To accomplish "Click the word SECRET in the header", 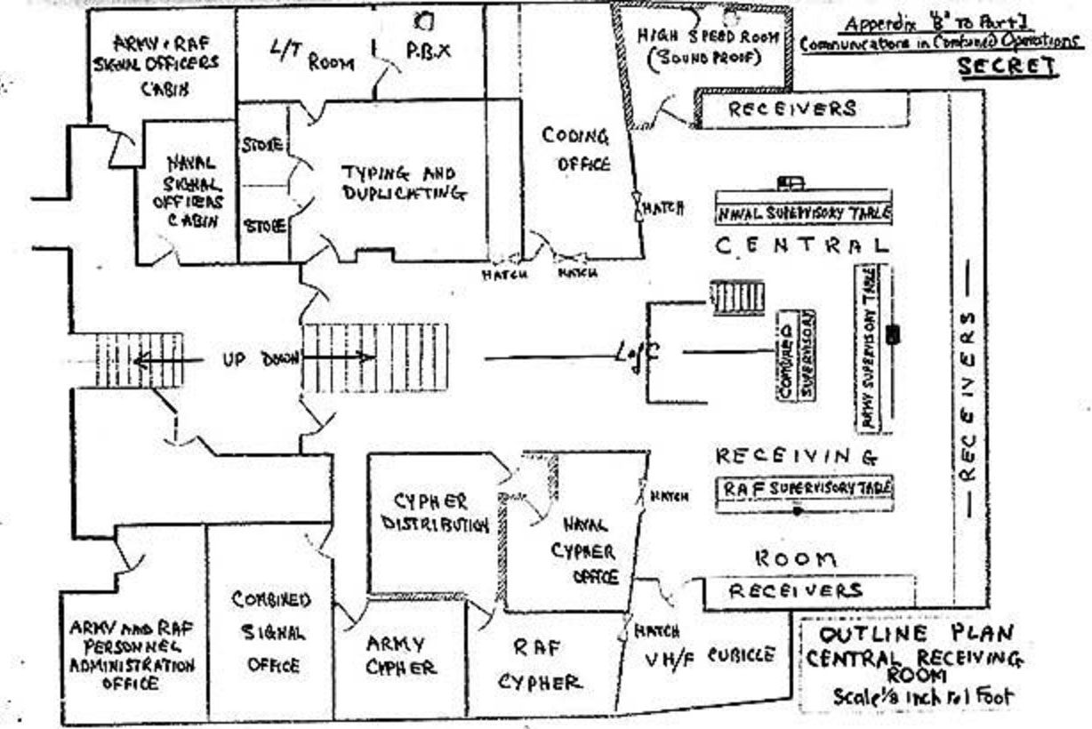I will [x=1008, y=67].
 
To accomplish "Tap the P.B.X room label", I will [x=428, y=51].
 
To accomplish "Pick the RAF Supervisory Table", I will [x=806, y=489].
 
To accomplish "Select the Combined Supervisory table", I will [x=797, y=355].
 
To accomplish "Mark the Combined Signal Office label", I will [x=272, y=632].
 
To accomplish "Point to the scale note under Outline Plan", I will [x=922, y=696].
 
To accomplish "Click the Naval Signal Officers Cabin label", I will [x=192, y=191].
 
